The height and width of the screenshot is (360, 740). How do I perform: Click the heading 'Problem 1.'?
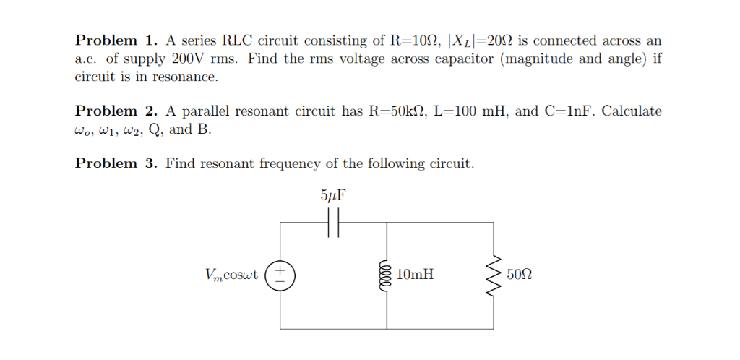(116, 40)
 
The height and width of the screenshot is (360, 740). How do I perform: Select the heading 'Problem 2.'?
(116, 111)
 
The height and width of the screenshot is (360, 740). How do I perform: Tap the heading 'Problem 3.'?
(116, 163)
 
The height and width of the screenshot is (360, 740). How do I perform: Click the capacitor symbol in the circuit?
(333, 223)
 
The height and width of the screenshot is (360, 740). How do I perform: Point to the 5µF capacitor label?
(332, 196)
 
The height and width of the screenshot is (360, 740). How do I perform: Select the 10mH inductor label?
(416, 275)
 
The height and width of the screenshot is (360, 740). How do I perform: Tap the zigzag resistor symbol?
(495, 275)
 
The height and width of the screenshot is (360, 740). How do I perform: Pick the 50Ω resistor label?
(520, 275)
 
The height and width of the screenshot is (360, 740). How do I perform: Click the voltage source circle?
(280, 275)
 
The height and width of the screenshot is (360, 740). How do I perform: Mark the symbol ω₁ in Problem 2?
(110, 130)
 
